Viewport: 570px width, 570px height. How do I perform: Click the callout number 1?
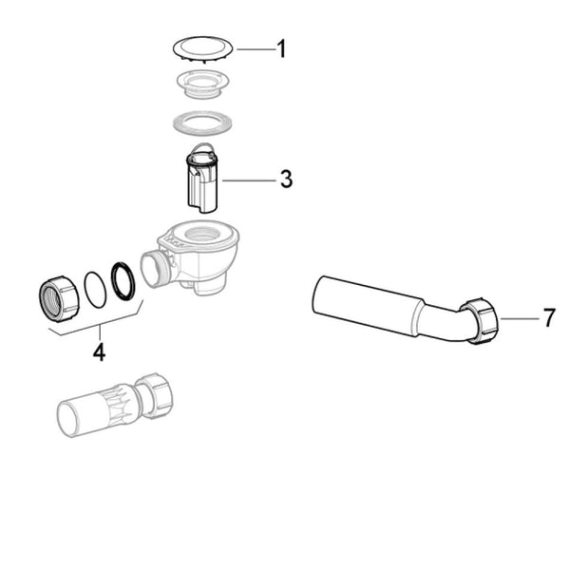coord(281,48)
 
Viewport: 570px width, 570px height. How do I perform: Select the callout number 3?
coord(286,180)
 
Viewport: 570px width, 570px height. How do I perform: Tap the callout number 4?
coord(99,351)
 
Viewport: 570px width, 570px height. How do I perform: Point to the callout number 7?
coord(548,318)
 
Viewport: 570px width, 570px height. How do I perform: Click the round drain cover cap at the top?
coord(202,47)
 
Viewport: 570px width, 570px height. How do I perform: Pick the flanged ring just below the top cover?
coord(202,85)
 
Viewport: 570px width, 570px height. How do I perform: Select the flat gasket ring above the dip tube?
coord(202,123)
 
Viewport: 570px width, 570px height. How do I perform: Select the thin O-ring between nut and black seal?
coord(95,289)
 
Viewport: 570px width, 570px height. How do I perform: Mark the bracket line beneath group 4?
coord(95,328)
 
